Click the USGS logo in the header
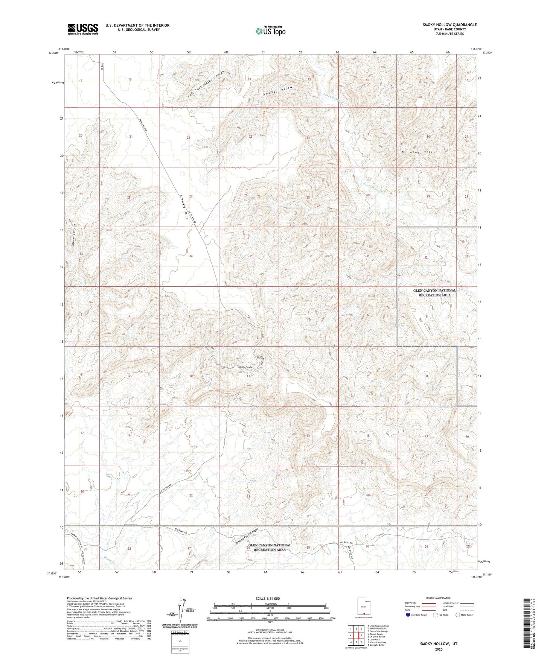coord(82,29)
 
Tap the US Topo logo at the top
coord(270,31)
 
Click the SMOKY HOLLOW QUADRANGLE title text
coord(450,25)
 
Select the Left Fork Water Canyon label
coord(206,84)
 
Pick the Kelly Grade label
coord(245,367)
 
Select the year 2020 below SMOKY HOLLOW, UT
coord(438,649)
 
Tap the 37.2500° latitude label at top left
coord(53,53)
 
